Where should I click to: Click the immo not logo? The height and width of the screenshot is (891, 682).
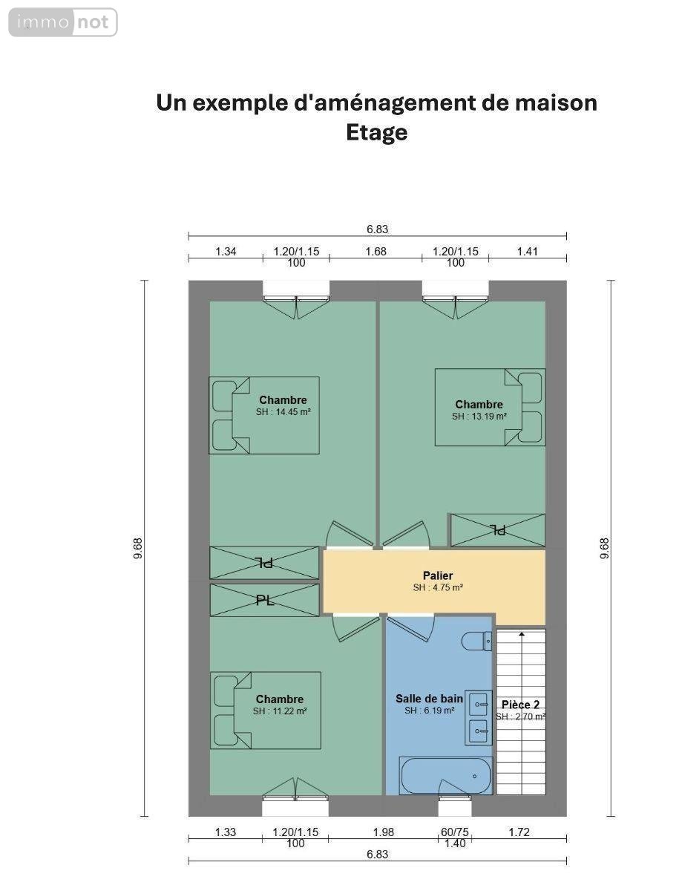tap(63, 22)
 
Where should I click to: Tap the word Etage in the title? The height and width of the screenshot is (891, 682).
tap(376, 133)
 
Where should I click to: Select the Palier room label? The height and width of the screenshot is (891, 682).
tap(437, 575)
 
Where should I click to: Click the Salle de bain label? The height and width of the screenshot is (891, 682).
tap(429, 699)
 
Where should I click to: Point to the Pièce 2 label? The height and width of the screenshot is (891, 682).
tap(520, 705)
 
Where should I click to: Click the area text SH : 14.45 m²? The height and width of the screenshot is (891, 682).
tap(283, 412)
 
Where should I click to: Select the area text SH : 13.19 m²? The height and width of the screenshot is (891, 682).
tap(479, 417)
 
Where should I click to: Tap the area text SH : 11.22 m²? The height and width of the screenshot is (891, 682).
tap(280, 711)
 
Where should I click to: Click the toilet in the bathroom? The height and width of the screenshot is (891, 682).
tap(476, 641)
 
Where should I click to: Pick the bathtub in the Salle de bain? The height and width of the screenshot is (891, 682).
tap(445, 775)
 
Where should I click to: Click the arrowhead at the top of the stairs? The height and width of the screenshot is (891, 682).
tap(522, 634)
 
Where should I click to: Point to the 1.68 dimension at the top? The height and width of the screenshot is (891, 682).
tap(376, 252)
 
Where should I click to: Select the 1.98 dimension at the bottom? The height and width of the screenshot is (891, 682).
tap(384, 832)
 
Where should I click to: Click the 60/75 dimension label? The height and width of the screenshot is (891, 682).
tap(455, 832)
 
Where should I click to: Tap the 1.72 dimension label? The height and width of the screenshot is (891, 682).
tap(519, 832)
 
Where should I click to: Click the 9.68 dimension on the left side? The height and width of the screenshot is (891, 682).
tap(138, 548)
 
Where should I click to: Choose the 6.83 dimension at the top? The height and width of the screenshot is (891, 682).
tap(377, 229)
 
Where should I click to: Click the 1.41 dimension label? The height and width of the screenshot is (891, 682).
tap(527, 252)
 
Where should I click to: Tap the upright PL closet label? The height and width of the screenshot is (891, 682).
tap(265, 601)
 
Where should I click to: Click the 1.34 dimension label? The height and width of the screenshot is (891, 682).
tap(226, 252)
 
